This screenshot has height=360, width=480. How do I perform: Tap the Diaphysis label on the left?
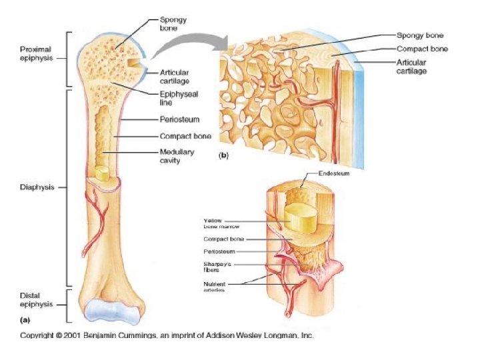(x=31, y=187)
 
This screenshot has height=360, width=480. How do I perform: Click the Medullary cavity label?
(x=176, y=156)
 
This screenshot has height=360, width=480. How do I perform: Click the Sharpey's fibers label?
(x=217, y=267)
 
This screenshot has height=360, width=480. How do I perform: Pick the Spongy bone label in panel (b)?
(x=420, y=35)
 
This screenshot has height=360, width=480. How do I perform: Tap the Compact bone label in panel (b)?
(x=422, y=49)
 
